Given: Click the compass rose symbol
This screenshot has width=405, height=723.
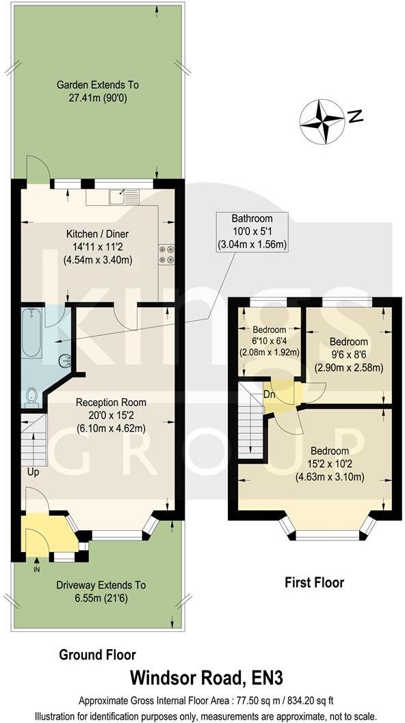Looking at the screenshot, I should point(323,122).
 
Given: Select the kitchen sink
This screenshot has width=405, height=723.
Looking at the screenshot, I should point(125,197).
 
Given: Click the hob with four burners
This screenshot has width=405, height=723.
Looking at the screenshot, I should point(166,254).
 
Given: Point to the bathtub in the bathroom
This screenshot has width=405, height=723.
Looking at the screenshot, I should point(31,333).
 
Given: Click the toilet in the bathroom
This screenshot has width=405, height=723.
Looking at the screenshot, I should point(31,397).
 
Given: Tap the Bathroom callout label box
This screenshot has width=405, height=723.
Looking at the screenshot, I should point(251,231).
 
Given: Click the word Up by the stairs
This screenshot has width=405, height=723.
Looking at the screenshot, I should point(33,473).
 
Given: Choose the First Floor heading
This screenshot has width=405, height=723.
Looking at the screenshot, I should point(314,583).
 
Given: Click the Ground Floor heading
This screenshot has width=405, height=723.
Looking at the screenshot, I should point(97,655).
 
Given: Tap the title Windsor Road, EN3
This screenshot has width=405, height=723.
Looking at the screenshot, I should point(207,678).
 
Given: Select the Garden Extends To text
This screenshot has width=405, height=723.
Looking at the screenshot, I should point(97,92).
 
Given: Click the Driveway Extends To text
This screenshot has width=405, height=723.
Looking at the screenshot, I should point(101,592).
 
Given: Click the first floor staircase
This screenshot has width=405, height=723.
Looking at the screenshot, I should point(250,421).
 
